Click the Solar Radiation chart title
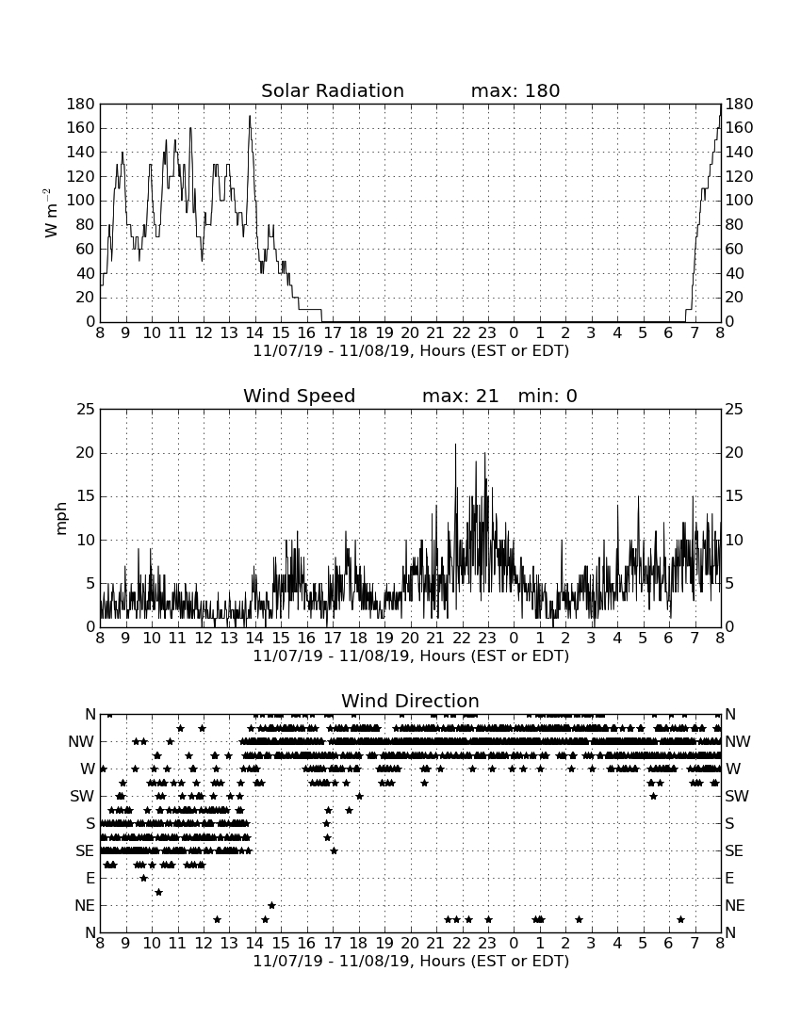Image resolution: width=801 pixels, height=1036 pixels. click(333, 90)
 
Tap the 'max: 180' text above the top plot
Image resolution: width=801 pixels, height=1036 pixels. click(515, 90)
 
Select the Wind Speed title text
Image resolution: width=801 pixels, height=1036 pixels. click(300, 396)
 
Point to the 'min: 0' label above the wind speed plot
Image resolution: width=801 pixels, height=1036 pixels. click(548, 396)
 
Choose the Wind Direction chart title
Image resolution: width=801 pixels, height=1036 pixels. click(411, 701)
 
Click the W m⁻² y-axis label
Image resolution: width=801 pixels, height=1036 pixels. click(51, 213)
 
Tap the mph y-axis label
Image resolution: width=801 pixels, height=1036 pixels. click(61, 519)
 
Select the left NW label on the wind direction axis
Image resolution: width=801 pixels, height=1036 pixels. click(81, 742)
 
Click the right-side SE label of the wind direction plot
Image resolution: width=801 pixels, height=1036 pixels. click(734, 851)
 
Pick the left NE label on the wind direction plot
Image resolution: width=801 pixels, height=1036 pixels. click(85, 906)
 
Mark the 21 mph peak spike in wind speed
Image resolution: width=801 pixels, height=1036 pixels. click(455, 445)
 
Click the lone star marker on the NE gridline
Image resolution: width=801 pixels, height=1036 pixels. click(271, 905)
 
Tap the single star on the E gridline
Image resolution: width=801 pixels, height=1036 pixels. click(144, 878)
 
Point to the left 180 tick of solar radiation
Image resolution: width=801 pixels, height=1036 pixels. click(81, 104)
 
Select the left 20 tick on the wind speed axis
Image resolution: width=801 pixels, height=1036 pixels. click(86, 453)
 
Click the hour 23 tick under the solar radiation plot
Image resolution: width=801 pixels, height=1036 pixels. click(487, 333)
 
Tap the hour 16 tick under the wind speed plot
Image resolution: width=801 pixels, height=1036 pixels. click(306, 639)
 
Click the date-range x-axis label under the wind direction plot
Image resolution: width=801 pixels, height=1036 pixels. click(411, 961)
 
